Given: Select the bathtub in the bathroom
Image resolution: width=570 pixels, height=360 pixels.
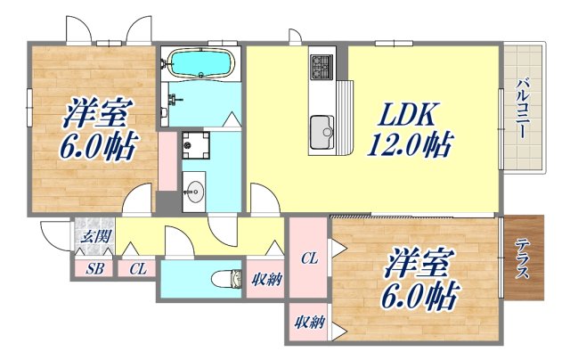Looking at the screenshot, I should point(200,63).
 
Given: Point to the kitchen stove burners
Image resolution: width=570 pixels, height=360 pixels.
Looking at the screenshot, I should point(321,64).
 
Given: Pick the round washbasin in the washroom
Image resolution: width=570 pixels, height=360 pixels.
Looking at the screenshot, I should point(195,191).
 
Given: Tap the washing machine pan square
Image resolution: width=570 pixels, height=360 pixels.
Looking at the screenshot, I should point(194,144).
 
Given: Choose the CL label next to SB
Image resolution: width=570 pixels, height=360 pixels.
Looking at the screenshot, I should point(137,268).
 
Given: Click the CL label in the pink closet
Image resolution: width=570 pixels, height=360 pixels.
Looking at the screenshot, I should point(308,259).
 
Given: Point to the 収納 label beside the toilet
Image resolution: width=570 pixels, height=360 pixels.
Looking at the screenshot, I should point(265,280).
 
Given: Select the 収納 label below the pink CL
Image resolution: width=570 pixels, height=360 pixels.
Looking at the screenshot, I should point(308,323).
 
